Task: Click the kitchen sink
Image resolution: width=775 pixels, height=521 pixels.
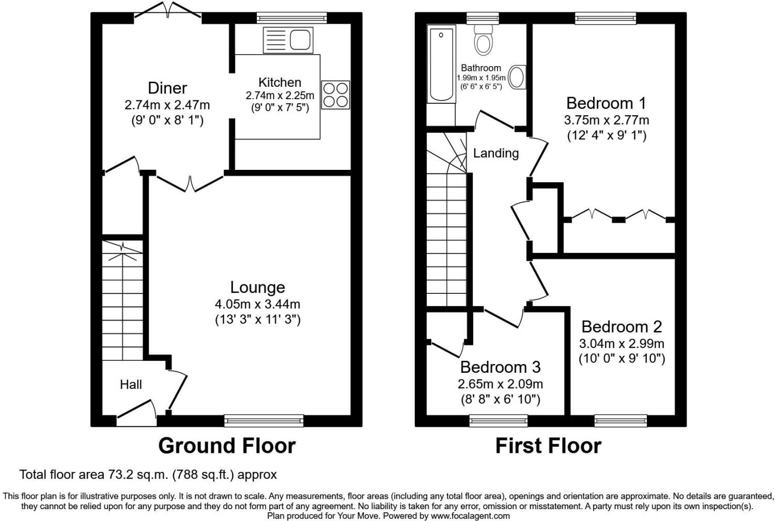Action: tap(288, 40)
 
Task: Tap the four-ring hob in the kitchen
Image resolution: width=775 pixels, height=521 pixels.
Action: tap(335, 94)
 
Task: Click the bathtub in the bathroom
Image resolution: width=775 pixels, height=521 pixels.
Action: tap(441, 65)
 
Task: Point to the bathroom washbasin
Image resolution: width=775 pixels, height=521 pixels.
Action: tap(517, 77)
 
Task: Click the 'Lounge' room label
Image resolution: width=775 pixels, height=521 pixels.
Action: tap(257, 287)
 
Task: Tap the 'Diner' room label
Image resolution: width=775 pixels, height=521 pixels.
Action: tap(167, 88)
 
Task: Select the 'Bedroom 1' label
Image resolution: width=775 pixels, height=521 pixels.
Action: tap(606, 103)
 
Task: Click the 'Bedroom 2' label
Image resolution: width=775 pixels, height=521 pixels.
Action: tap(622, 326)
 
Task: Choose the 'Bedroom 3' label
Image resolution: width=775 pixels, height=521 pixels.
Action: tap(500, 367)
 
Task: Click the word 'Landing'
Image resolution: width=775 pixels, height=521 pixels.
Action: tap(495, 153)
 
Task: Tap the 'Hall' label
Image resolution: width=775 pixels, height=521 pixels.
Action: tap(131, 384)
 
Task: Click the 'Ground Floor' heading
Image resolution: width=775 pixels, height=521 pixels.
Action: tap(227, 446)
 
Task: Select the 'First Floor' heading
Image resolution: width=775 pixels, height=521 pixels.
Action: tap(548, 446)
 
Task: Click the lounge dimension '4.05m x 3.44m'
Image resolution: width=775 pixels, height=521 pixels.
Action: tap(257, 304)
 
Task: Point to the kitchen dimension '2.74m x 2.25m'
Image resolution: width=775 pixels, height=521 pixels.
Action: tap(280, 96)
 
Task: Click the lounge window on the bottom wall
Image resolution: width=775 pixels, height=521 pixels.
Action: tap(264, 421)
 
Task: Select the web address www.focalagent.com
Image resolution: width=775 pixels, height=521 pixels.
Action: tap(470, 515)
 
